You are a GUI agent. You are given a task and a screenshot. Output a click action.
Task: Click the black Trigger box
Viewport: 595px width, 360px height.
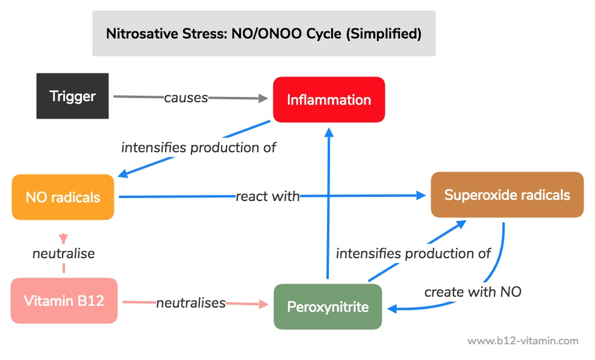(x=72, y=96)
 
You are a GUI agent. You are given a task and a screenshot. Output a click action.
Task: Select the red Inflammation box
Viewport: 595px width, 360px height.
(x=329, y=100)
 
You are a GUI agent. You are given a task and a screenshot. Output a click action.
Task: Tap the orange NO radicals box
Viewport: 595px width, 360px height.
(x=63, y=197)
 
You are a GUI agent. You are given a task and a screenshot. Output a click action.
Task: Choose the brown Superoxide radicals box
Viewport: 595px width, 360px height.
(x=507, y=195)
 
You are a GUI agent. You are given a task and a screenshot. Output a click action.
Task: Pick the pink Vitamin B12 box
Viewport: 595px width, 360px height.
(x=64, y=301)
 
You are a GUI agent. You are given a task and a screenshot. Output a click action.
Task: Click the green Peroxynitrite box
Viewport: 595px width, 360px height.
(x=328, y=306)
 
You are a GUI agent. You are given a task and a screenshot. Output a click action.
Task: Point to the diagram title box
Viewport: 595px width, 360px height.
(x=264, y=33)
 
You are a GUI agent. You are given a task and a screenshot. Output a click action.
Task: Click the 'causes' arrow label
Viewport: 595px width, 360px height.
(x=186, y=98)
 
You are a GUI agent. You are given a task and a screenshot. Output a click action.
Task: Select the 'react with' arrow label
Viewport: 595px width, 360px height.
(x=267, y=196)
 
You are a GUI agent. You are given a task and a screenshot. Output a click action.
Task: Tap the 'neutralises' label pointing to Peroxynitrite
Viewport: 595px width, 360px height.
(x=191, y=303)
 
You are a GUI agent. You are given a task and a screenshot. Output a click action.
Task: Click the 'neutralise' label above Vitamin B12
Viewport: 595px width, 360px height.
(x=64, y=253)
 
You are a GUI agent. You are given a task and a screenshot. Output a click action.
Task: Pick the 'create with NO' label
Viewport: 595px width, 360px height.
(x=473, y=292)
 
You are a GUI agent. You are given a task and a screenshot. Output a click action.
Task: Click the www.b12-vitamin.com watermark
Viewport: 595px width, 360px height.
(x=523, y=341)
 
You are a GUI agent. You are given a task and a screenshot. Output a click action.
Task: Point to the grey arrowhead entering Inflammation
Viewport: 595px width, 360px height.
(x=263, y=98)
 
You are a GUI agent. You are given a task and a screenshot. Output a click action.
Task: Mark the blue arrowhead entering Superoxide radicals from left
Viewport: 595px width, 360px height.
(x=421, y=196)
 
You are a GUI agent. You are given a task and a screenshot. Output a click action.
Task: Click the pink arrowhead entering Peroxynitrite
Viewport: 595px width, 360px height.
(x=264, y=304)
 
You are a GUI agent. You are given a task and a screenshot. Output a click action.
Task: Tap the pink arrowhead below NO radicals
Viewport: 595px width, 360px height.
(x=63, y=238)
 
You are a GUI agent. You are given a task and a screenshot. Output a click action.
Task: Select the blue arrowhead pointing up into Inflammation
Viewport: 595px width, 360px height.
(x=329, y=132)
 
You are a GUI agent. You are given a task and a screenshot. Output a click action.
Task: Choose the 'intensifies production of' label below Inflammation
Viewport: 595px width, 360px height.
(x=199, y=147)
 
